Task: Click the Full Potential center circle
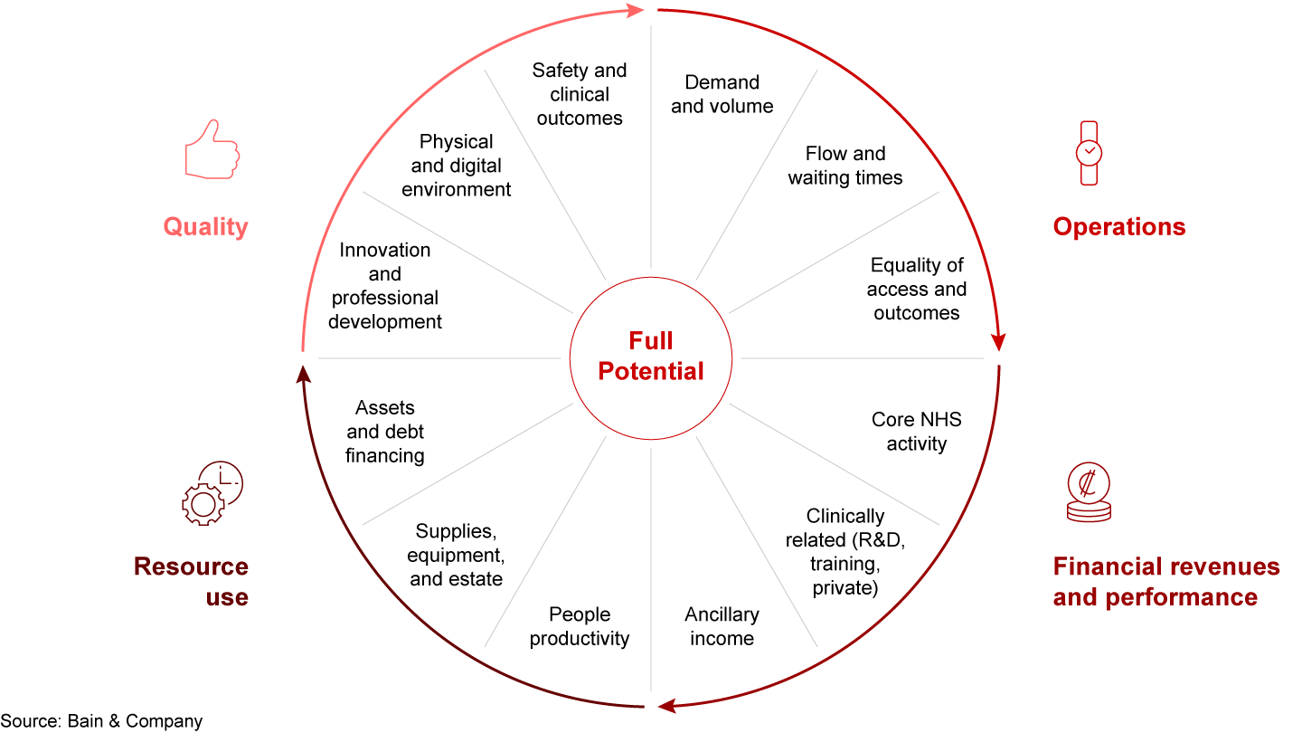pos(651,357)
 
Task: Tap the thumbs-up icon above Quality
pos(212,148)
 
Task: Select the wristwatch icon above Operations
pos(1089,153)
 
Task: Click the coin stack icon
pos(1088,492)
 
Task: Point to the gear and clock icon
pos(212,493)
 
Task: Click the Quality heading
pos(205,226)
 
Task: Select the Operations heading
pos(1118,226)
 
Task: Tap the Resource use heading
pos(191,582)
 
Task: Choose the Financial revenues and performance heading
pos(1165,582)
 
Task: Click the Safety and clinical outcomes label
pos(580,94)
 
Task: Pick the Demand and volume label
pos(722,94)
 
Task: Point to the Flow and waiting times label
pos(844,166)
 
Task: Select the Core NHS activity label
pos(916,432)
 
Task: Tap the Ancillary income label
pos(722,626)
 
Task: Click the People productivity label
pos(580,626)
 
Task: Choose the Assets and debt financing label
pos(385,432)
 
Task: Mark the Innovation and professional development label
pos(385,285)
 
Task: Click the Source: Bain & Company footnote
pos(101,721)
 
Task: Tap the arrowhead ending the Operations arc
pos(998,342)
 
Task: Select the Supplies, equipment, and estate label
pos(456,555)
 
